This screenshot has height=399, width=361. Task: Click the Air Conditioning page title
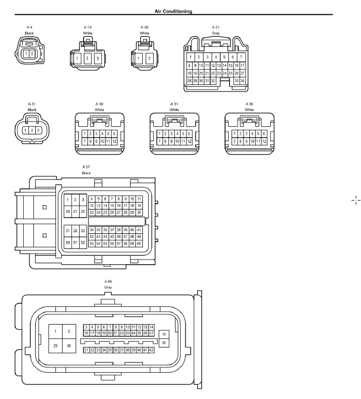173,11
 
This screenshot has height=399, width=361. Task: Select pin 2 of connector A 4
32,54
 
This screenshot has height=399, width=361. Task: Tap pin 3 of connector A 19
98,58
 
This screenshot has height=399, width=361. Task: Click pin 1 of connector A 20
139,58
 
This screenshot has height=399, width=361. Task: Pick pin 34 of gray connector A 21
242,81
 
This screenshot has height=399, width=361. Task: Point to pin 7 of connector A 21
241,57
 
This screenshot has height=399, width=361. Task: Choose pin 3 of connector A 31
38,131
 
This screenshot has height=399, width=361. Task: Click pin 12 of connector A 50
114,141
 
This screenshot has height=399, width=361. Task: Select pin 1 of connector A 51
160,134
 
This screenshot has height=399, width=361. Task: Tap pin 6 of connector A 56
264,134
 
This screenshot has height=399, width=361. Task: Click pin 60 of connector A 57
139,244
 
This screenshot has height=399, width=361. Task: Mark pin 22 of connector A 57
83,211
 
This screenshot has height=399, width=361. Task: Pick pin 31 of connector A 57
67,231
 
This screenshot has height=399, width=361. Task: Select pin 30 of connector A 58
69,346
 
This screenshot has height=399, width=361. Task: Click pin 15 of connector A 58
164,334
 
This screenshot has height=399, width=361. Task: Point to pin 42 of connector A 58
151,350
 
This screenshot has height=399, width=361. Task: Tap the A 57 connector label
86,167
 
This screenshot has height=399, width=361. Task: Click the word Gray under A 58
108,287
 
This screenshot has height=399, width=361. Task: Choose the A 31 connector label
32,104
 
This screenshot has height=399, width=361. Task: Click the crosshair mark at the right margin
356,200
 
